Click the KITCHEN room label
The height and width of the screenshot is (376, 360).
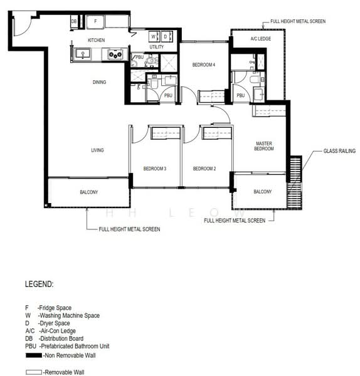(x=96, y=40)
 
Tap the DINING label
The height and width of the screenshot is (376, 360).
(x=99, y=82)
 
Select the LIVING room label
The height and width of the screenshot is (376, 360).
(x=97, y=150)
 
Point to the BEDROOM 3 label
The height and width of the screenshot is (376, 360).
(x=154, y=169)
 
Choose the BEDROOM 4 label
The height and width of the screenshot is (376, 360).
(x=203, y=65)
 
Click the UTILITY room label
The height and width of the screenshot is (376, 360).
(x=157, y=47)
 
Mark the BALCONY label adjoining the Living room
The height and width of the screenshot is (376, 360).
(x=88, y=192)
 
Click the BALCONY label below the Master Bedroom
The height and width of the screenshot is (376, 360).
(x=263, y=192)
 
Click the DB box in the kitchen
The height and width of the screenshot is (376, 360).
(x=74, y=21)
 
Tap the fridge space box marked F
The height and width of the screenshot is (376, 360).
(x=95, y=21)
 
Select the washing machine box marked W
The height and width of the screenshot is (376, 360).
(x=153, y=36)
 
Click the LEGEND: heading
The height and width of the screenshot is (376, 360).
(x=40, y=284)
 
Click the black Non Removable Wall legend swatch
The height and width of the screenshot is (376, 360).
(x=34, y=355)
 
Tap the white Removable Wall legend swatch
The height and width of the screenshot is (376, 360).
(x=34, y=372)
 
